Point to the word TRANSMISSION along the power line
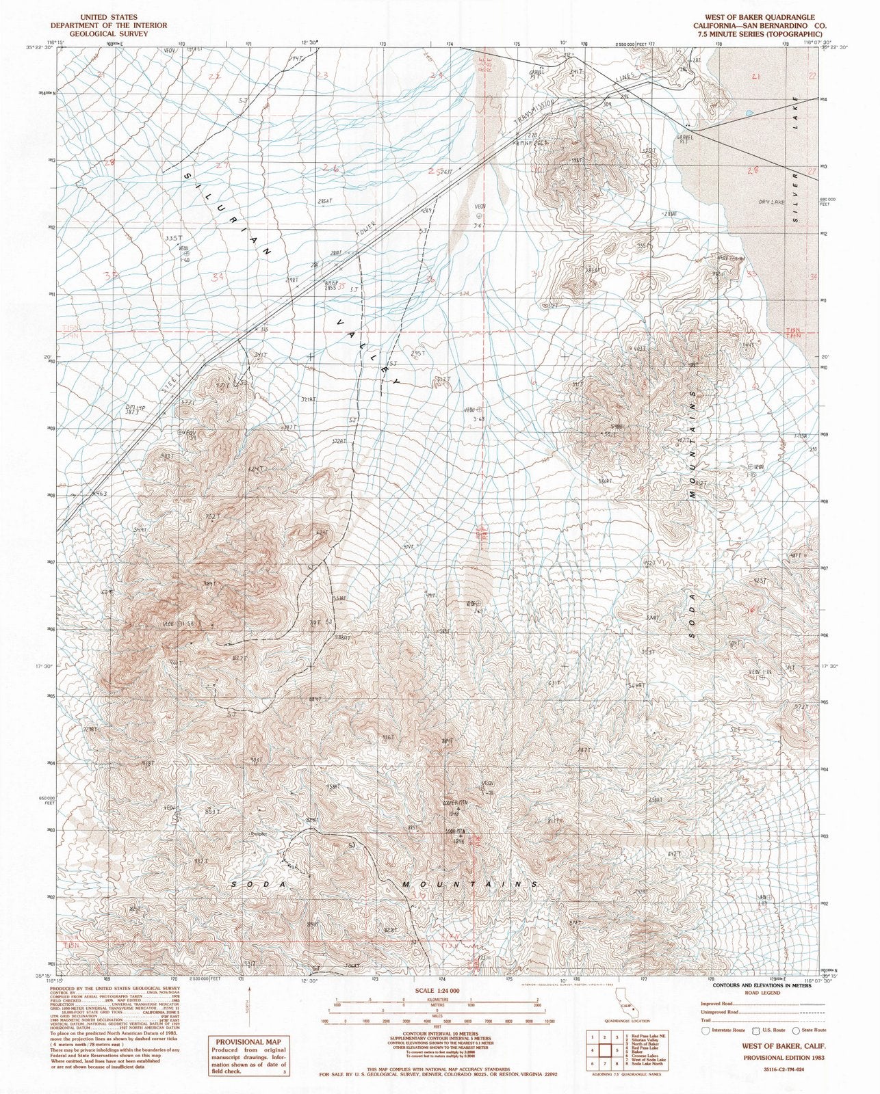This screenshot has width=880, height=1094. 539,113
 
